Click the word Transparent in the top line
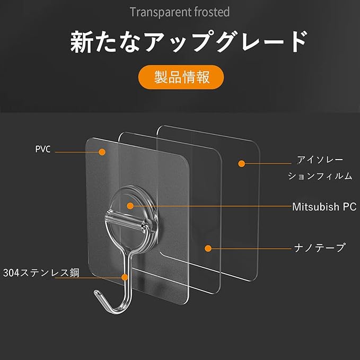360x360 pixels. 154,11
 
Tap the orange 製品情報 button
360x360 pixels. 181,77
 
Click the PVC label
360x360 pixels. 43,150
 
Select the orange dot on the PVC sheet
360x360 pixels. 102,152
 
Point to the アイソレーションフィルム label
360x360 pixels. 320,168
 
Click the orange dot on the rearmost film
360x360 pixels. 241,163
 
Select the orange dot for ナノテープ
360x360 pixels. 208,248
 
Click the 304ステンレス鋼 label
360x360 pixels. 41,274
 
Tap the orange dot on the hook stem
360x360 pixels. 125,277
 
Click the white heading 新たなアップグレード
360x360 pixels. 189,42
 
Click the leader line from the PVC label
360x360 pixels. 76,152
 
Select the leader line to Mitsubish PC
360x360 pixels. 212,206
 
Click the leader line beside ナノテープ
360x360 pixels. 249,248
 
